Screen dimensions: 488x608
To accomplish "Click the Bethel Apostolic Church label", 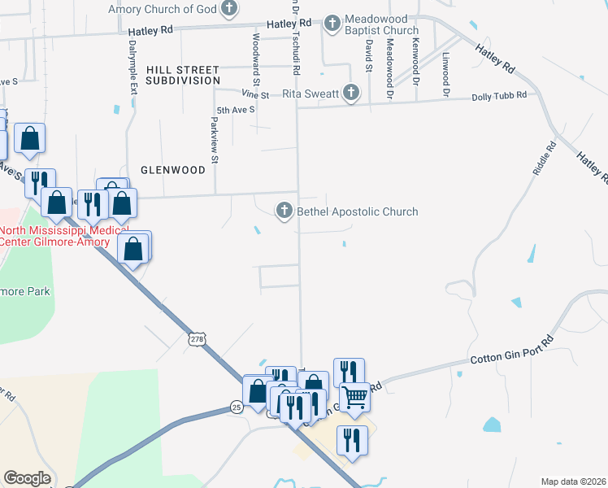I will [358, 211].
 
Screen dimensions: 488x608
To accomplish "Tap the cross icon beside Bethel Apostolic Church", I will [284, 211].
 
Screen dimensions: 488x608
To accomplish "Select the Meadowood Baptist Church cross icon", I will [332, 24].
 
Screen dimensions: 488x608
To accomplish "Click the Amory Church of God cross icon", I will [230, 10].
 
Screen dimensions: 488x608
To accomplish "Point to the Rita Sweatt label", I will [311, 94].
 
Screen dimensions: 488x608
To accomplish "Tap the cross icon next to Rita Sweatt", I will [351, 93].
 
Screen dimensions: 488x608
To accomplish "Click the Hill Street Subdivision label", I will [183, 76].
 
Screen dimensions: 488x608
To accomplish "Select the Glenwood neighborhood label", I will [173, 170].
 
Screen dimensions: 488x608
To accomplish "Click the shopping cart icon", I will [354, 399].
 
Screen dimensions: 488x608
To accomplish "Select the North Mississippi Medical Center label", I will [49, 235].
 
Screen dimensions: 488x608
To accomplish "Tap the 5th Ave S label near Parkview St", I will [236, 109].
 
